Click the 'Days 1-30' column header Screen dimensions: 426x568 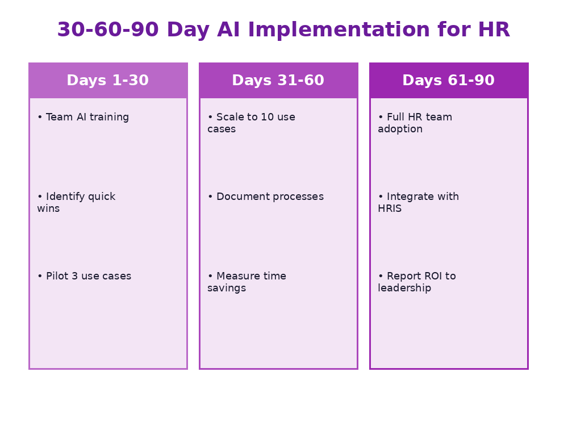(x=108, y=81)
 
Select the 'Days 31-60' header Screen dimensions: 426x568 (x=278, y=81)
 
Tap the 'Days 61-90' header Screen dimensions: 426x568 (x=449, y=81)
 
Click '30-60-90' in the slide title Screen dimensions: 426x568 (x=108, y=30)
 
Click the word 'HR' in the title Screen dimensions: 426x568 (x=495, y=30)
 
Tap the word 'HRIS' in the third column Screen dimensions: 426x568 (x=390, y=209)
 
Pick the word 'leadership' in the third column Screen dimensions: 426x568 (x=404, y=289)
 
